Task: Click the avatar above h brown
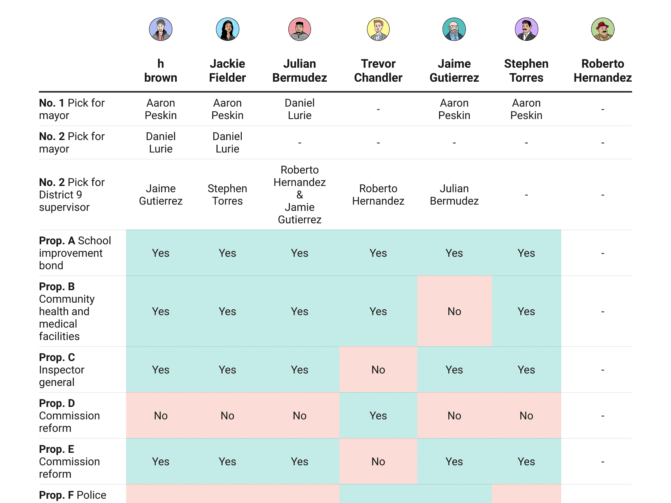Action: (161, 29)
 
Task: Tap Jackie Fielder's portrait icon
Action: (227, 29)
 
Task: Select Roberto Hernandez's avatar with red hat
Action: (602, 29)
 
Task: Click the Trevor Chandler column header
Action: (378, 71)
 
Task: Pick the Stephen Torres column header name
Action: (526, 71)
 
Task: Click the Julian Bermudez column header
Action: (299, 71)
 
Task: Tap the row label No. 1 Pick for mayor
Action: (72, 109)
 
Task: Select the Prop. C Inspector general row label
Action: (61, 370)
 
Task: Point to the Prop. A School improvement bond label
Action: (75, 253)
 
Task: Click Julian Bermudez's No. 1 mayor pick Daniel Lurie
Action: (299, 109)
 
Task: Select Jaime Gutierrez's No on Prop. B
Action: (454, 311)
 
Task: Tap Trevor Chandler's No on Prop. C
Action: (378, 370)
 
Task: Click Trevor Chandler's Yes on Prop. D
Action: (378, 415)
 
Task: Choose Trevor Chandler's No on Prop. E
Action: (378, 461)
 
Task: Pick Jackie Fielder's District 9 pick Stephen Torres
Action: (227, 195)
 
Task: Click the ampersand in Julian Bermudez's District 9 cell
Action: (299, 195)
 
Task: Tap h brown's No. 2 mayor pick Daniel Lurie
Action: (161, 142)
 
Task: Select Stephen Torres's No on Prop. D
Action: (526, 415)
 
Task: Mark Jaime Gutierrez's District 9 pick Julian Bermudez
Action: (454, 195)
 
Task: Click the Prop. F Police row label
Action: (73, 495)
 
